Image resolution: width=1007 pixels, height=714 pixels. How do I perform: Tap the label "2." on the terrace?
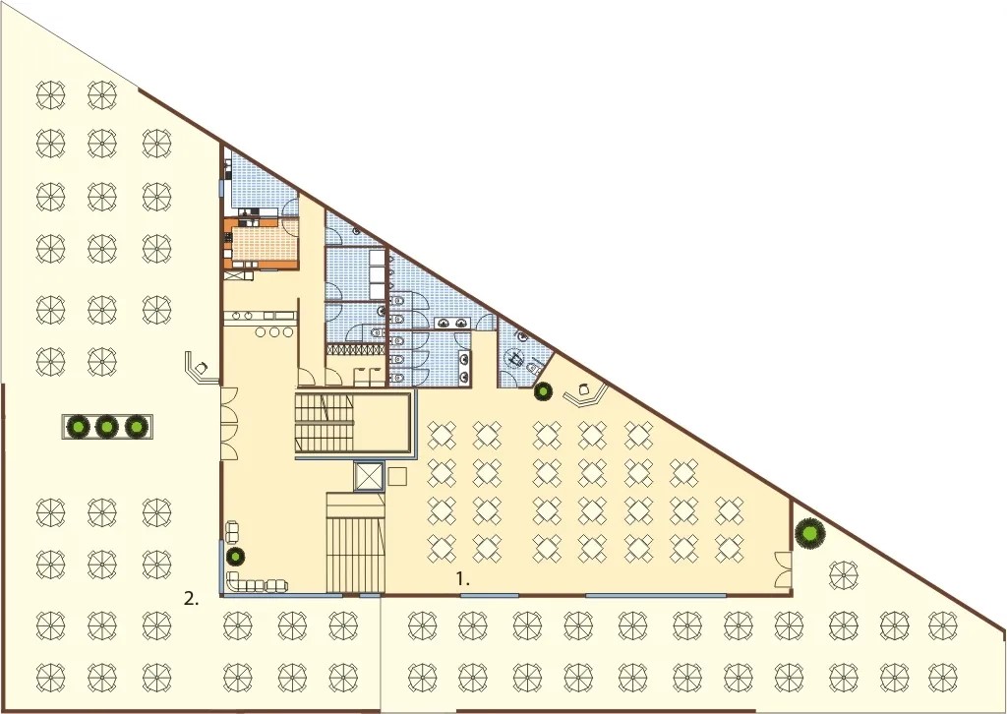coord(192,599)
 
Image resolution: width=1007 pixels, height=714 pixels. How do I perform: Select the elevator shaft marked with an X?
coord(368,476)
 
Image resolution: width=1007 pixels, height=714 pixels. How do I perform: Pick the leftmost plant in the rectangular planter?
coord(79,426)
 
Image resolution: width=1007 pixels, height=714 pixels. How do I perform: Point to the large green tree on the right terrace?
coord(809,533)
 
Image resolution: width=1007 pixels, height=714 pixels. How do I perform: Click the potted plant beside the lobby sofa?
coord(236,556)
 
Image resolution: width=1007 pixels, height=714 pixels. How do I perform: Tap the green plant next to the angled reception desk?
coord(543,390)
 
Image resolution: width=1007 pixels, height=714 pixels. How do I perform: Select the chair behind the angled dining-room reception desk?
coord(584,389)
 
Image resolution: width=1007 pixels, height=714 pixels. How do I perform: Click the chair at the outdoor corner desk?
coord(202,367)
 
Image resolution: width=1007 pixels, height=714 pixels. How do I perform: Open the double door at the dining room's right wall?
coord(783,569)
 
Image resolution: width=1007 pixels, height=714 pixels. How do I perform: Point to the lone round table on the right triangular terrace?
coord(843,574)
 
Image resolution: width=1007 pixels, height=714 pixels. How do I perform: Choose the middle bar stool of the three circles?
coord(275,332)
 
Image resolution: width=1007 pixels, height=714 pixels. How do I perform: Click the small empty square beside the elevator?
coord(397,477)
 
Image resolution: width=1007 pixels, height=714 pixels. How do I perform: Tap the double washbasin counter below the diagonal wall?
coord(452,323)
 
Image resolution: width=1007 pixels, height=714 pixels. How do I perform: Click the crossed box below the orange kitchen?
coord(239,274)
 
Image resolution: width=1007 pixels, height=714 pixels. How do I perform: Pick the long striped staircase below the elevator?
coord(355,543)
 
